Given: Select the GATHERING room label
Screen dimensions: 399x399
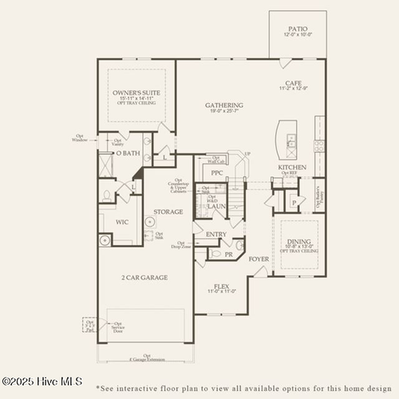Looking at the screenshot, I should click(223, 105).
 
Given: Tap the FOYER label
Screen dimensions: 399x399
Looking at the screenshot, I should click(258, 259).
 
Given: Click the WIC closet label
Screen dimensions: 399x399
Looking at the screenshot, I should click(122, 222).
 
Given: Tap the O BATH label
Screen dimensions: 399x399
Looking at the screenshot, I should click(128, 152).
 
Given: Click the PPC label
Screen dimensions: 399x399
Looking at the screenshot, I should click(216, 173).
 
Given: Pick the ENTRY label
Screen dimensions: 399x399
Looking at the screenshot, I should click(215, 235).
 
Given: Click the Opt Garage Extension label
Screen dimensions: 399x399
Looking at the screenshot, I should click(146, 358).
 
